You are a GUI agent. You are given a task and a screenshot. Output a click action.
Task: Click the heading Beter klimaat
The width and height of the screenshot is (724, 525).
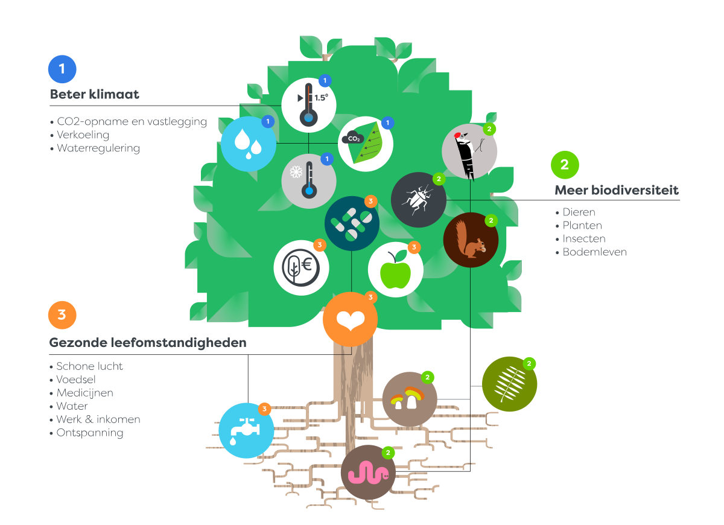(x=94, y=94)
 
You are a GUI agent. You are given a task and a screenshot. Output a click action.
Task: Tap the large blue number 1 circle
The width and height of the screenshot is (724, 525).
(x=62, y=69)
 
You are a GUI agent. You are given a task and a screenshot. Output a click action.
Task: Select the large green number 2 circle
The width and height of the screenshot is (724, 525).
(x=565, y=165)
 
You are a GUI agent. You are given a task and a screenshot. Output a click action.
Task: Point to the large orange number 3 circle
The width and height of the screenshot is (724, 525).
(x=62, y=315)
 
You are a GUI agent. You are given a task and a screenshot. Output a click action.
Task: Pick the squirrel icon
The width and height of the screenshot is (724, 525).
(x=471, y=240)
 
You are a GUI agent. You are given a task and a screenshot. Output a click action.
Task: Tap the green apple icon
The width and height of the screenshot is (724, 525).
(x=395, y=269)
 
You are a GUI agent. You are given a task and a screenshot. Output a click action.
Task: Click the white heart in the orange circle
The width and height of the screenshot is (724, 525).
(x=351, y=320)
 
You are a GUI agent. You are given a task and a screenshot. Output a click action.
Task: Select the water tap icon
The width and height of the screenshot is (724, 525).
(x=246, y=430)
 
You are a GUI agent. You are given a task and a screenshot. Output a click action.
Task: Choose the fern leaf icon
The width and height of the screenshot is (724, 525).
(x=509, y=384)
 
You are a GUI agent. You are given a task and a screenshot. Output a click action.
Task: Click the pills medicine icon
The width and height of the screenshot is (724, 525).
(x=352, y=223)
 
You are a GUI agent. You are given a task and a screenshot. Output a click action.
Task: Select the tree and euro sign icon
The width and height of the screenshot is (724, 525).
(x=301, y=268)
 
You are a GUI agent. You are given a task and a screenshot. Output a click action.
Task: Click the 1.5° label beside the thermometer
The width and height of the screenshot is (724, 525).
(x=321, y=98)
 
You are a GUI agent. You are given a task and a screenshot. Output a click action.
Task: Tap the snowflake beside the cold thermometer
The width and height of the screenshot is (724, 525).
(x=296, y=171)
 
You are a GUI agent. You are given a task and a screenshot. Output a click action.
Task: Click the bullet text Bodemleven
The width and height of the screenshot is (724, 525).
(x=594, y=252)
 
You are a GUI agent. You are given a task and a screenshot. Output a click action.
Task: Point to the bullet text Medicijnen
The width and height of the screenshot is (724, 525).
(x=84, y=393)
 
